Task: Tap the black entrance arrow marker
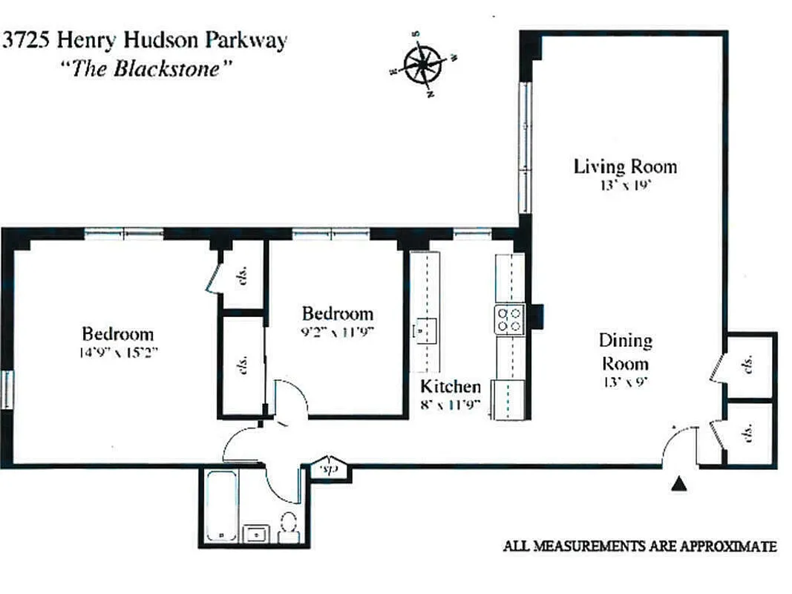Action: point(677,485)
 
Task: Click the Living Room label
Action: point(625,166)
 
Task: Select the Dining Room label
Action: point(625,352)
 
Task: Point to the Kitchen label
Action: point(451,387)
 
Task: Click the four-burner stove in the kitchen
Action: point(510,319)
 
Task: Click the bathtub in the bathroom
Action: point(221,506)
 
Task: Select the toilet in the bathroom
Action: point(288,526)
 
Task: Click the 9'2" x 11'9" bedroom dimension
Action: point(337,331)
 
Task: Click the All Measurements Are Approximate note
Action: point(640,546)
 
